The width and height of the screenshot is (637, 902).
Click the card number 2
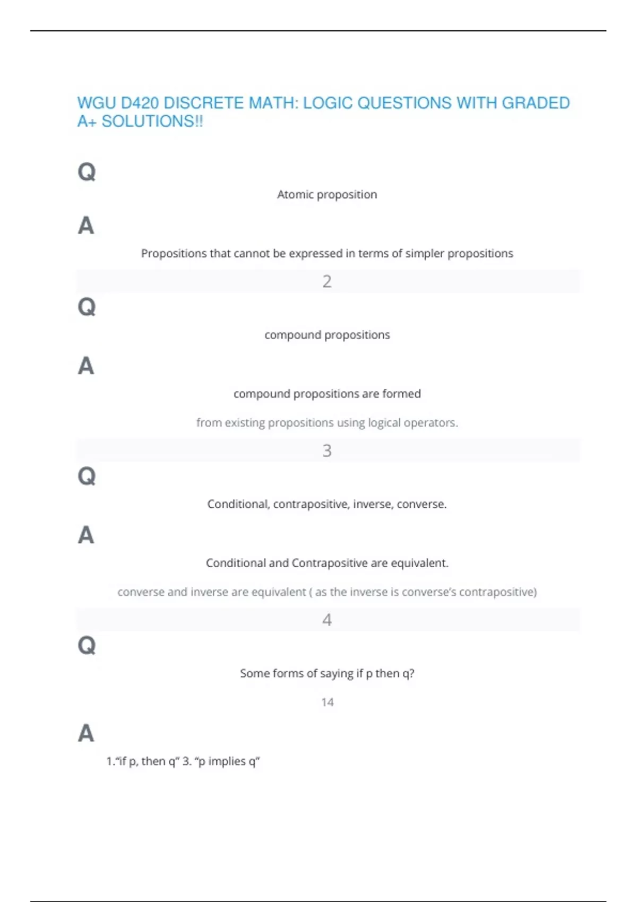click(327, 281)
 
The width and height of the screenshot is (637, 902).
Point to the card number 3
click(327, 450)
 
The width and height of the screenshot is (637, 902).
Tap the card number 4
click(327, 620)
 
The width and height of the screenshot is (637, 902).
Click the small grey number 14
click(328, 702)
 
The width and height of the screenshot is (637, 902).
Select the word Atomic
click(295, 195)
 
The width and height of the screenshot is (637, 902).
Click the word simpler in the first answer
click(425, 254)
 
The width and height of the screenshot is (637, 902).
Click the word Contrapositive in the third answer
click(329, 563)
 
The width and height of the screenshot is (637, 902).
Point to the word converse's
click(429, 592)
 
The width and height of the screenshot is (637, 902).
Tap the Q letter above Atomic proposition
click(87, 172)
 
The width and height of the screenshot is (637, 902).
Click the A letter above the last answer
click(86, 734)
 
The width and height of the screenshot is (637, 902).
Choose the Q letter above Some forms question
click(87, 646)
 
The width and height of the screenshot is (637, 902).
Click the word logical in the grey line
click(384, 423)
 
